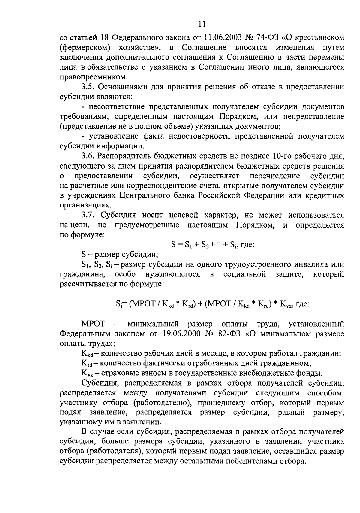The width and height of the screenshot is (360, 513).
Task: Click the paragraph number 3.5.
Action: [88, 87]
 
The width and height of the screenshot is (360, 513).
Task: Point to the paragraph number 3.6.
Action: [88, 156]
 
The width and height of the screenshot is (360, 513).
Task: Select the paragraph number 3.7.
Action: [88, 215]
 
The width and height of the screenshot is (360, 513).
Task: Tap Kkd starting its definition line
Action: [86, 354]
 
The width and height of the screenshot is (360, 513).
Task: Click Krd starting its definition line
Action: [86, 364]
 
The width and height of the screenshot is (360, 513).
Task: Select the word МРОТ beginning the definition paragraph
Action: [93, 324]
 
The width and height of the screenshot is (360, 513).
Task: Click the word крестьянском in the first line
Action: [318, 38]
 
